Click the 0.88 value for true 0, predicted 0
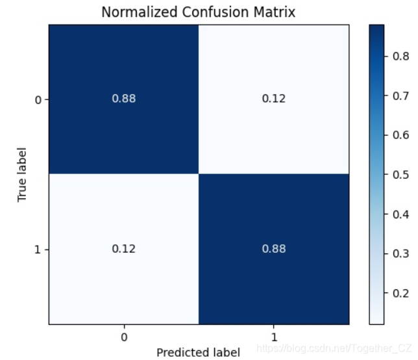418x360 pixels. coord(123,99)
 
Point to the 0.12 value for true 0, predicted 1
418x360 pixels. coord(273,99)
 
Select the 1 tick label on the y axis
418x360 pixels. coord(36,250)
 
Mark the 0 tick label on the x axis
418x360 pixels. coord(123,337)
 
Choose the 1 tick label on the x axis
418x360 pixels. coord(273,337)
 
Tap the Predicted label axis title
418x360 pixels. coord(199,352)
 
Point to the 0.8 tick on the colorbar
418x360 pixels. coord(400,57)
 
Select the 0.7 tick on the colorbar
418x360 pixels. coord(400,96)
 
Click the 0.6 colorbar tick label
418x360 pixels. coord(400,135)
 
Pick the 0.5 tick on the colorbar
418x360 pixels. coord(400,175)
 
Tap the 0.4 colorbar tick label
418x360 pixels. coord(400,214)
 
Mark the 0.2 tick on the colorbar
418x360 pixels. coord(400,293)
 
